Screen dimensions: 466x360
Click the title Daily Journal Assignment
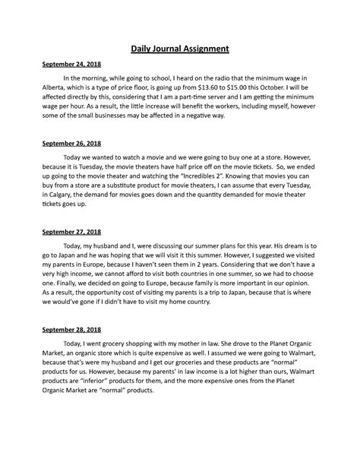179,49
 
